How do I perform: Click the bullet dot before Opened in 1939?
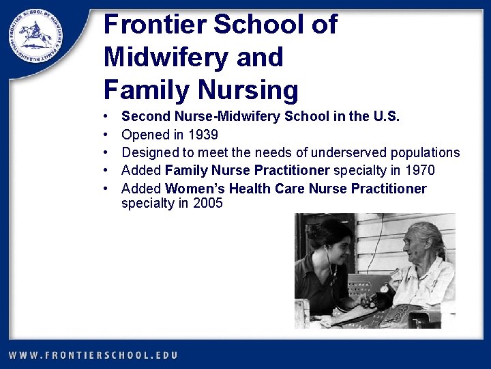coord(107,135)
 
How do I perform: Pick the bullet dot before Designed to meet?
coord(107,153)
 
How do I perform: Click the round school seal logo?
coord(35,38)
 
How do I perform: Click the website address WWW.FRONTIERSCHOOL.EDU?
coord(93,355)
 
